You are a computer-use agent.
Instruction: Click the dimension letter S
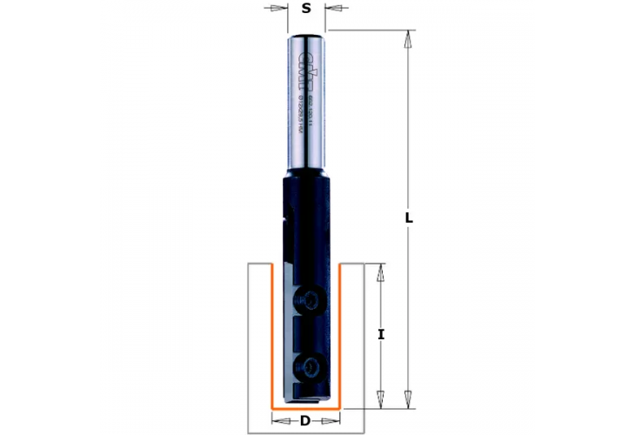tap(305, 9)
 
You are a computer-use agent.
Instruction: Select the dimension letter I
tap(380, 333)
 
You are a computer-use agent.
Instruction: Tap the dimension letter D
tap(304, 422)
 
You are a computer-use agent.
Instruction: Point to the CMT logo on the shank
tap(304, 61)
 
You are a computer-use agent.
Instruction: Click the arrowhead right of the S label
tap(333, 9)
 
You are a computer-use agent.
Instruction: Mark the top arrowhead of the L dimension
tap(408, 37)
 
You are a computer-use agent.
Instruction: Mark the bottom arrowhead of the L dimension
tap(408, 401)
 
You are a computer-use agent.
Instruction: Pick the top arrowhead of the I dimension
tap(380, 271)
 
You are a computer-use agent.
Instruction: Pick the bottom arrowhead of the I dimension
tap(380, 401)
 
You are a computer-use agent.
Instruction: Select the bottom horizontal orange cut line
tap(305, 407)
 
